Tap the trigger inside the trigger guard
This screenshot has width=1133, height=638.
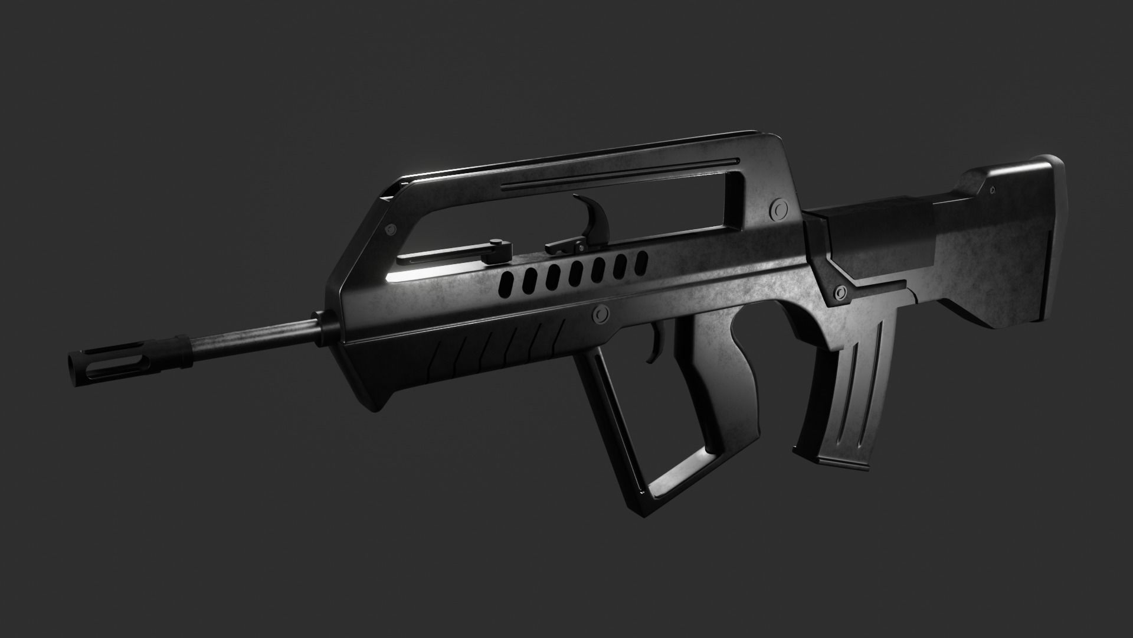click(x=653, y=349)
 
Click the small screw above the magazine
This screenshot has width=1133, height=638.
click(x=840, y=291)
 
